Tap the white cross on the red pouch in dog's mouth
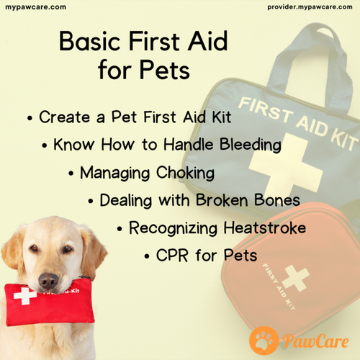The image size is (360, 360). [x=24, y=297]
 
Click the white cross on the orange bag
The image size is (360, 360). [x=295, y=277]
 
